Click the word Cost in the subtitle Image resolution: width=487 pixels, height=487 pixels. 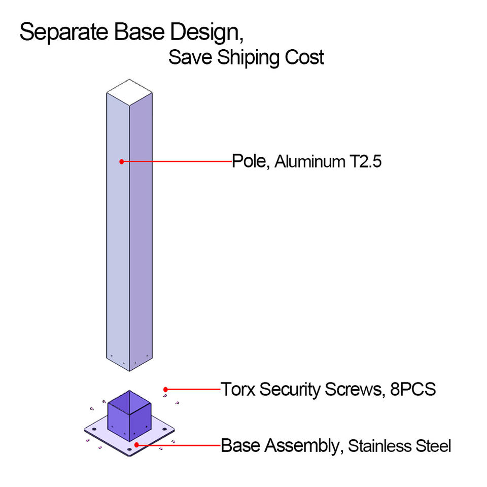pos(303,57)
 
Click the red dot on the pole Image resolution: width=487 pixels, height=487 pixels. pos(122,162)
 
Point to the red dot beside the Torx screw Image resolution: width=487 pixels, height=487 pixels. pos(166,390)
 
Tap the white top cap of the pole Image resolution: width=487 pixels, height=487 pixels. pos(130,91)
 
